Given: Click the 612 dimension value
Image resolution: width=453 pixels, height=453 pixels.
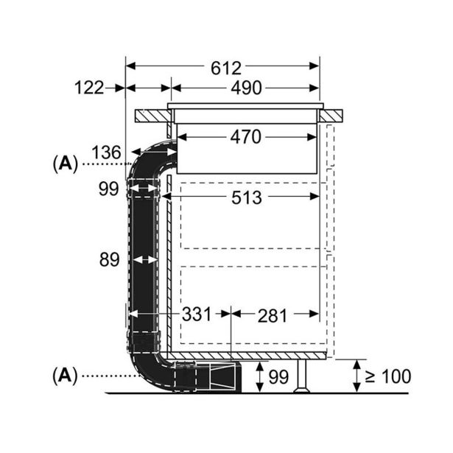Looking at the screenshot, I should (x=225, y=68).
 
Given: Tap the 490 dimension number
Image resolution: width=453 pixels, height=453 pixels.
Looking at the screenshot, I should (x=246, y=88).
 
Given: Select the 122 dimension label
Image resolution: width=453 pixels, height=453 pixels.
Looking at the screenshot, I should (x=90, y=88).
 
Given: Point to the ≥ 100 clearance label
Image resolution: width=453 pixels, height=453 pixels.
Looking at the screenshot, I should (x=387, y=377).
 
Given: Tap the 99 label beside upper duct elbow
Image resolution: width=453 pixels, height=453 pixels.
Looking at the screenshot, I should (x=108, y=189).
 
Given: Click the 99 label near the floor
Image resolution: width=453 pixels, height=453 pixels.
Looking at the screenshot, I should (x=278, y=377).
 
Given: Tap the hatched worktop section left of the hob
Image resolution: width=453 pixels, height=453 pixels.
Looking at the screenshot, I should (x=151, y=116).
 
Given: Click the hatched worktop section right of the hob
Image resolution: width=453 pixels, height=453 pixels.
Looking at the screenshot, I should (x=334, y=116).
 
